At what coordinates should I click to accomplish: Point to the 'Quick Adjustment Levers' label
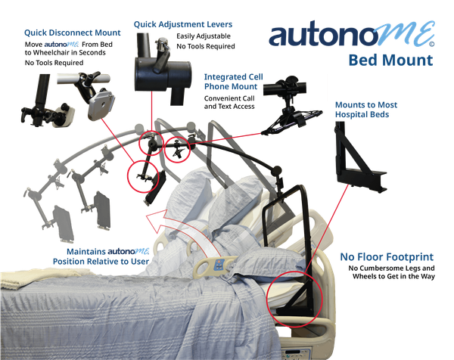183,24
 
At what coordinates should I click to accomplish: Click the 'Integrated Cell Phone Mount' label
231,82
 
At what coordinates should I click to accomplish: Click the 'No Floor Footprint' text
397,258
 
